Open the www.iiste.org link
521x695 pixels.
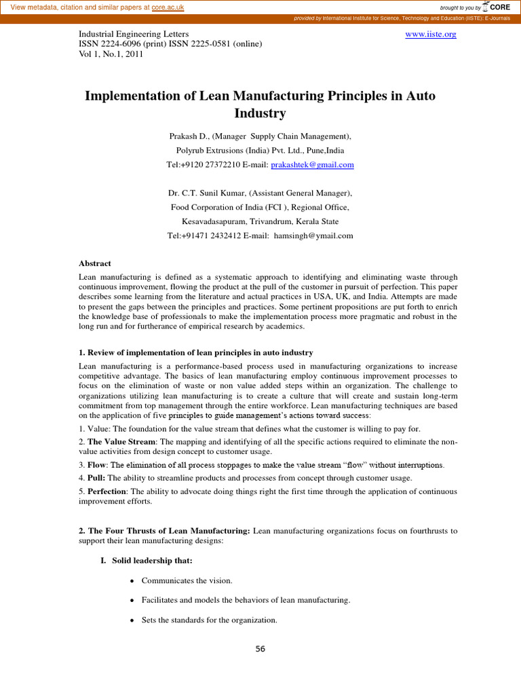[x=431, y=33]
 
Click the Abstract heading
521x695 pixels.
[x=95, y=263]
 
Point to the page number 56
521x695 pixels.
[x=260, y=649]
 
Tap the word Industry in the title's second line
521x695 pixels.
[x=260, y=113]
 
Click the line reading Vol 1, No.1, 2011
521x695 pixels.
[x=109, y=55]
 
